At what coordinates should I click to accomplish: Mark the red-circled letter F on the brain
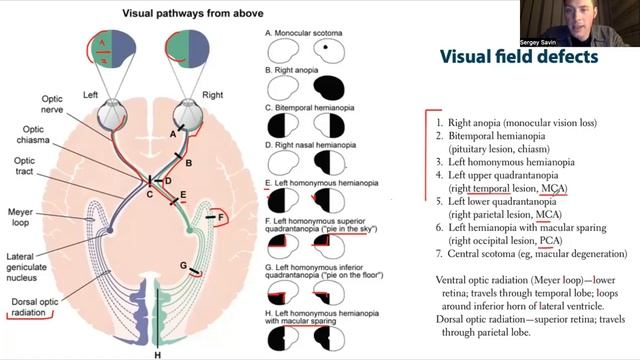pyautogui.click(x=222, y=215)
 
